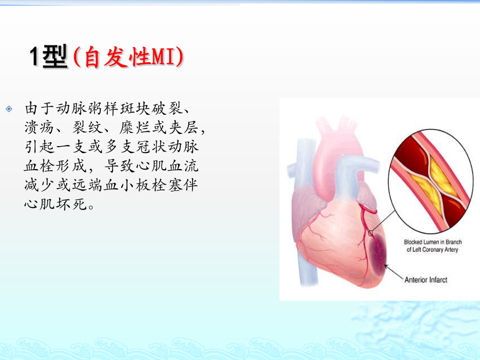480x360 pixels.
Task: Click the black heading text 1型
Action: pyautogui.click(x=49, y=57)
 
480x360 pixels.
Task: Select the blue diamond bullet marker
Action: pyautogui.click(x=9, y=109)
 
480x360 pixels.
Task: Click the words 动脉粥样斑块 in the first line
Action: pyautogui.click(x=103, y=108)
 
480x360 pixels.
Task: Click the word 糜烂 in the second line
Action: pyautogui.click(x=134, y=127)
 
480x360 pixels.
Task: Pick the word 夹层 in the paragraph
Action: pyautogui.click(x=183, y=127)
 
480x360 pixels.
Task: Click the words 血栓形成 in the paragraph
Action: pyautogui.click(x=55, y=166)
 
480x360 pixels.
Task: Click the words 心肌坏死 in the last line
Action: pyautogui.click(x=55, y=204)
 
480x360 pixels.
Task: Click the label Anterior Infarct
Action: pyautogui.click(x=426, y=280)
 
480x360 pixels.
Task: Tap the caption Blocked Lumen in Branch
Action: pyautogui.click(x=433, y=242)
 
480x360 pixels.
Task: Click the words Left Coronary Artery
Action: pyautogui.click(x=435, y=250)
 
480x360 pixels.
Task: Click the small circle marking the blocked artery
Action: pyautogui.click(x=371, y=234)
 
